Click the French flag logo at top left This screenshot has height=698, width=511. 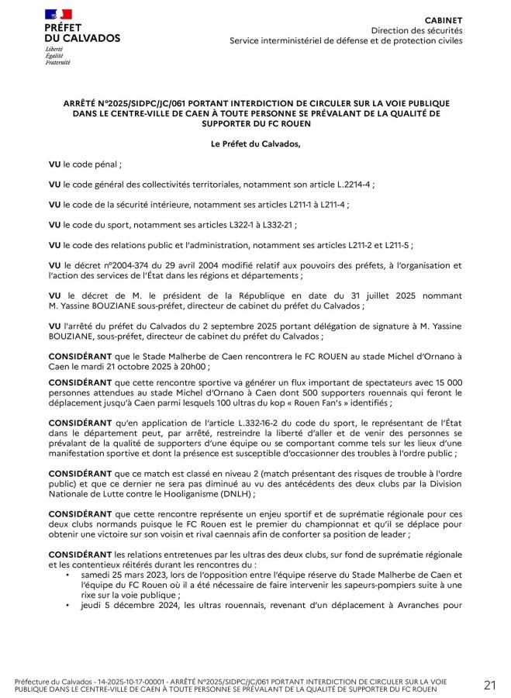pos(58,14)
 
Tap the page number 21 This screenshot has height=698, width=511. pos(489,684)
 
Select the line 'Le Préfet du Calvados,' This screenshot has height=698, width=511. pos(255,144)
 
